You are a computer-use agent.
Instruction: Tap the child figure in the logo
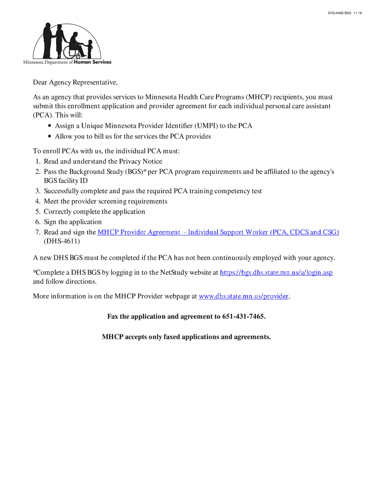pyautogui.click(x=90, y=49)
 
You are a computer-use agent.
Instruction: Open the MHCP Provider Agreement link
pyautogui.click(x=218, y=232)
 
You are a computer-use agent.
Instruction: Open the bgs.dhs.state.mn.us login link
pyautogui.click(x=276, y=273)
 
